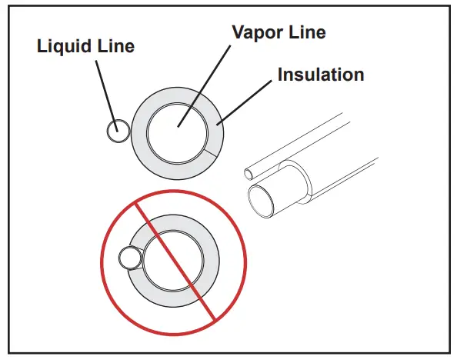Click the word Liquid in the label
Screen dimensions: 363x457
point(63,46)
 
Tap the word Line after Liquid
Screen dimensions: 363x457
point(113,46)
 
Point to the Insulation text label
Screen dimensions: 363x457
point(320,75)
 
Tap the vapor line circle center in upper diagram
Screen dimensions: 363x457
point(178,127)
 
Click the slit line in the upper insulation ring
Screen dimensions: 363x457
point(213,152)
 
